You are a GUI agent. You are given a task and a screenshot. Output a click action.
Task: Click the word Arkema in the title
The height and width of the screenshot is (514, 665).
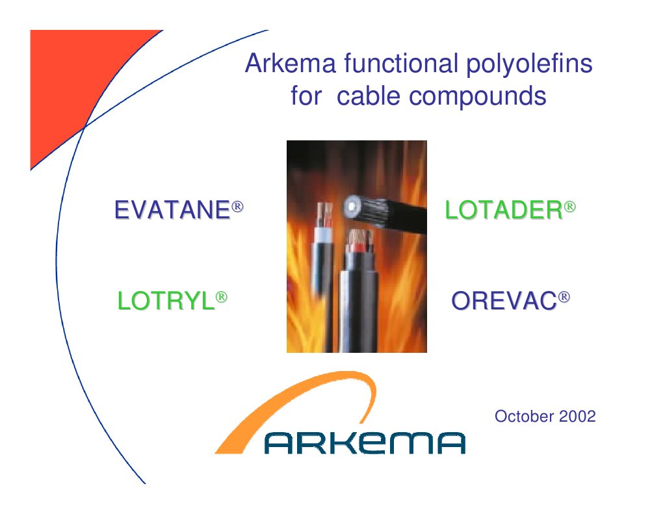coord(291,64)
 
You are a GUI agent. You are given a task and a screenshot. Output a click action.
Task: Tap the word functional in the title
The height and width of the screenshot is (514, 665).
coord(401,64)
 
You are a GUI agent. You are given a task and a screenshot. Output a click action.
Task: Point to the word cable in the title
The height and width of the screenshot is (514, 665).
coord(368,96)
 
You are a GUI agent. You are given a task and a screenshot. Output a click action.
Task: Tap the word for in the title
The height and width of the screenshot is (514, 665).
coord(306,96)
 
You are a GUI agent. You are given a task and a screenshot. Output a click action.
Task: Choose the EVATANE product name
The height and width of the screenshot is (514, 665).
coord(173,209)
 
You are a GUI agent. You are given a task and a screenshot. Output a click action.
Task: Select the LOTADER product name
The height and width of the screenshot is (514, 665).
coord(504,209)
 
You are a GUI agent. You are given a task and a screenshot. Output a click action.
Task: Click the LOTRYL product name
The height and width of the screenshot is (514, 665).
coord(166,301)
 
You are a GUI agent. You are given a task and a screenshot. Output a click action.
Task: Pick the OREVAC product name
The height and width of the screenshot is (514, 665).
coord(504,301)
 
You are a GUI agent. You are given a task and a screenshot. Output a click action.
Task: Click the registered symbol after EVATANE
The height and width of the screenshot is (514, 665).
coord(237,207)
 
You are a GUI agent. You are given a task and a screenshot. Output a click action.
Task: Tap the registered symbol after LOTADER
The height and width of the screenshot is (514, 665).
coord(569,207)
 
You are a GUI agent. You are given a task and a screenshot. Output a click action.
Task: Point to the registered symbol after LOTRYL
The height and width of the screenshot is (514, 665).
coord(222,297)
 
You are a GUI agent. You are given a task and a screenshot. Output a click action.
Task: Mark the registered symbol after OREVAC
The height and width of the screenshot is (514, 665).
coord(564,297)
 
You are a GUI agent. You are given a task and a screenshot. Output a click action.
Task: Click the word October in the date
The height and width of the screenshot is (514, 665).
coord(525,416)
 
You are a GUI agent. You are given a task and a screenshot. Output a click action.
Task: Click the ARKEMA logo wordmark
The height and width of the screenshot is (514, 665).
coord(365,443)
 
